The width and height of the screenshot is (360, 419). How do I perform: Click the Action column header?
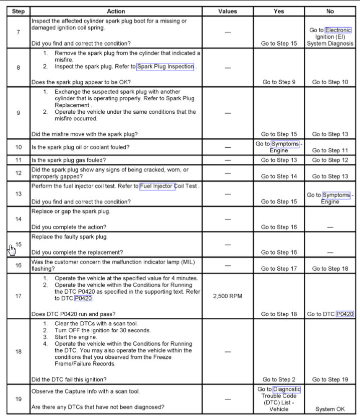point(116,11)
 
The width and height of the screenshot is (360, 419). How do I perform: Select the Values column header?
point(228,11)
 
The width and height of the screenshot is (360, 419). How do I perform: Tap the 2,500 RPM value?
point(228,296)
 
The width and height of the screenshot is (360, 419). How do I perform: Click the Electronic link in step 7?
point(338,30)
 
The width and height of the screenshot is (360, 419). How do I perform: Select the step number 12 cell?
point(19,173)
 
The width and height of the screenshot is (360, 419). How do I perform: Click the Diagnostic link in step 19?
point(287,389)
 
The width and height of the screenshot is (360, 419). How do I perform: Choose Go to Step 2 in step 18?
point(279,379)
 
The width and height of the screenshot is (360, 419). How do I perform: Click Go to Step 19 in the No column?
point(330,379)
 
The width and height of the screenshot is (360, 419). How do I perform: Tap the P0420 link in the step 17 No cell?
point(345,314)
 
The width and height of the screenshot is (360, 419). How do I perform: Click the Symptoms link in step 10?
point(285,144)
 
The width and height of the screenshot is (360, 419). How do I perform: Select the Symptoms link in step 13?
point(336,195)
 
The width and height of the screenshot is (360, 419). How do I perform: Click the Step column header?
point(18,11)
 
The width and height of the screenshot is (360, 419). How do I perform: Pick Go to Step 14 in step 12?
point(279,176)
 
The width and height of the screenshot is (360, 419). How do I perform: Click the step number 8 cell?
point(19,68)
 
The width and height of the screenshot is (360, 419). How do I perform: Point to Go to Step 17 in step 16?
point(279,269)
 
